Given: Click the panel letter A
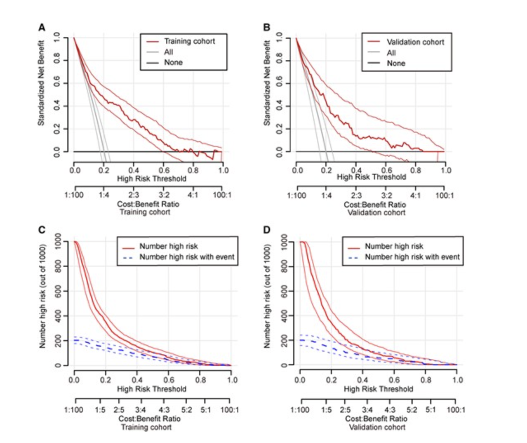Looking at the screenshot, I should pos(42,28).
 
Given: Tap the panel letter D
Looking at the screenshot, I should pos(267,230).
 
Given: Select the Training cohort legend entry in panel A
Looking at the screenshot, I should pos(189,41).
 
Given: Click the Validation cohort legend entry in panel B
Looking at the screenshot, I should pos(415,42).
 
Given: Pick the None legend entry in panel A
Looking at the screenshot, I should pos(173,63).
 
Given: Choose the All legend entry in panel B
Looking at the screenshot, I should pos(391,53).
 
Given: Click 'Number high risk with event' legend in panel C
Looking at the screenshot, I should pos(186,257).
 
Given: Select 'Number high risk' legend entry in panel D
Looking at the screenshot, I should pos(394,246).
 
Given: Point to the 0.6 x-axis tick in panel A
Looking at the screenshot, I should pos(164,170).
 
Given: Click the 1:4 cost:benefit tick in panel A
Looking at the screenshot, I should pos(104,195).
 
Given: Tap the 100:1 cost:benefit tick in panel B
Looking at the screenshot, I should pos(445,195).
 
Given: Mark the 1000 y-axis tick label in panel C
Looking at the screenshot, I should pos(58,241).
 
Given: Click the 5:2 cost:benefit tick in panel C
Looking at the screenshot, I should pos(186,410).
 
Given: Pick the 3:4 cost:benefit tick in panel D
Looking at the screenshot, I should pos(367,410).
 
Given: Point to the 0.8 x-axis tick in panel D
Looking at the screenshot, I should pos(426,380).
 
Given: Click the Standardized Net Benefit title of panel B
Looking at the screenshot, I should pos(267,82).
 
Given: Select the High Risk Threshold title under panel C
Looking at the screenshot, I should pos(151,389).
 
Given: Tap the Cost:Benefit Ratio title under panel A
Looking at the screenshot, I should pos(148,204).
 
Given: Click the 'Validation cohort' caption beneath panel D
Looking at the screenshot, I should pos(377,427).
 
